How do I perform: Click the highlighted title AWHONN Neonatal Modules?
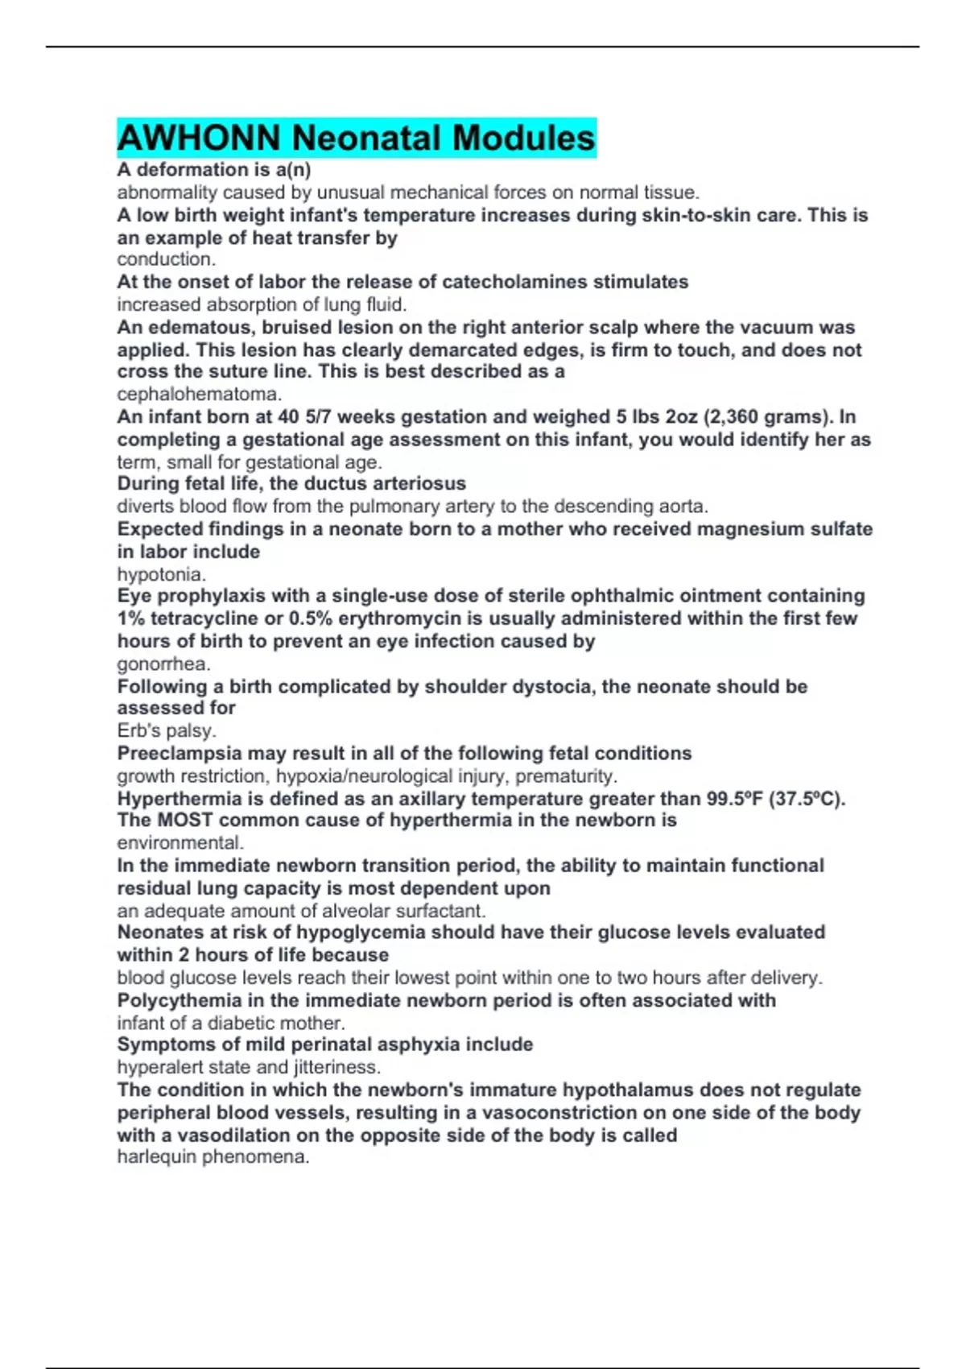356,138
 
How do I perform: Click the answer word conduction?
166,259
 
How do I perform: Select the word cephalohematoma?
199,395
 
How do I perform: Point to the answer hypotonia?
161,574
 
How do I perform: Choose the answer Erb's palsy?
166,730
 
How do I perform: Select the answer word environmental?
180,843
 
